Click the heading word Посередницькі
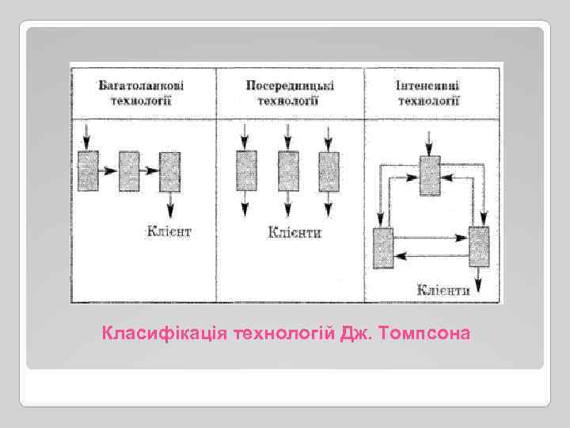tap(289, 85)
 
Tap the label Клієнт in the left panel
tap(169, 231)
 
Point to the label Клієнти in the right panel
tap(445, 289)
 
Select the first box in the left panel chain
tap(89, 170)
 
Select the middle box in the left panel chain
tap(129, 170)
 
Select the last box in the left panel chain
tap(169, 170)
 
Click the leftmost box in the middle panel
tap(246, 170)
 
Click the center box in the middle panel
tap(288, 170)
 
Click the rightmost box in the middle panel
tap(329, 170)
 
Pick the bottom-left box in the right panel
tap(383, 246)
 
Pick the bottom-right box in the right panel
tap(479, 246)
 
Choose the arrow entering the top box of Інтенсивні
tap(429, 143)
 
